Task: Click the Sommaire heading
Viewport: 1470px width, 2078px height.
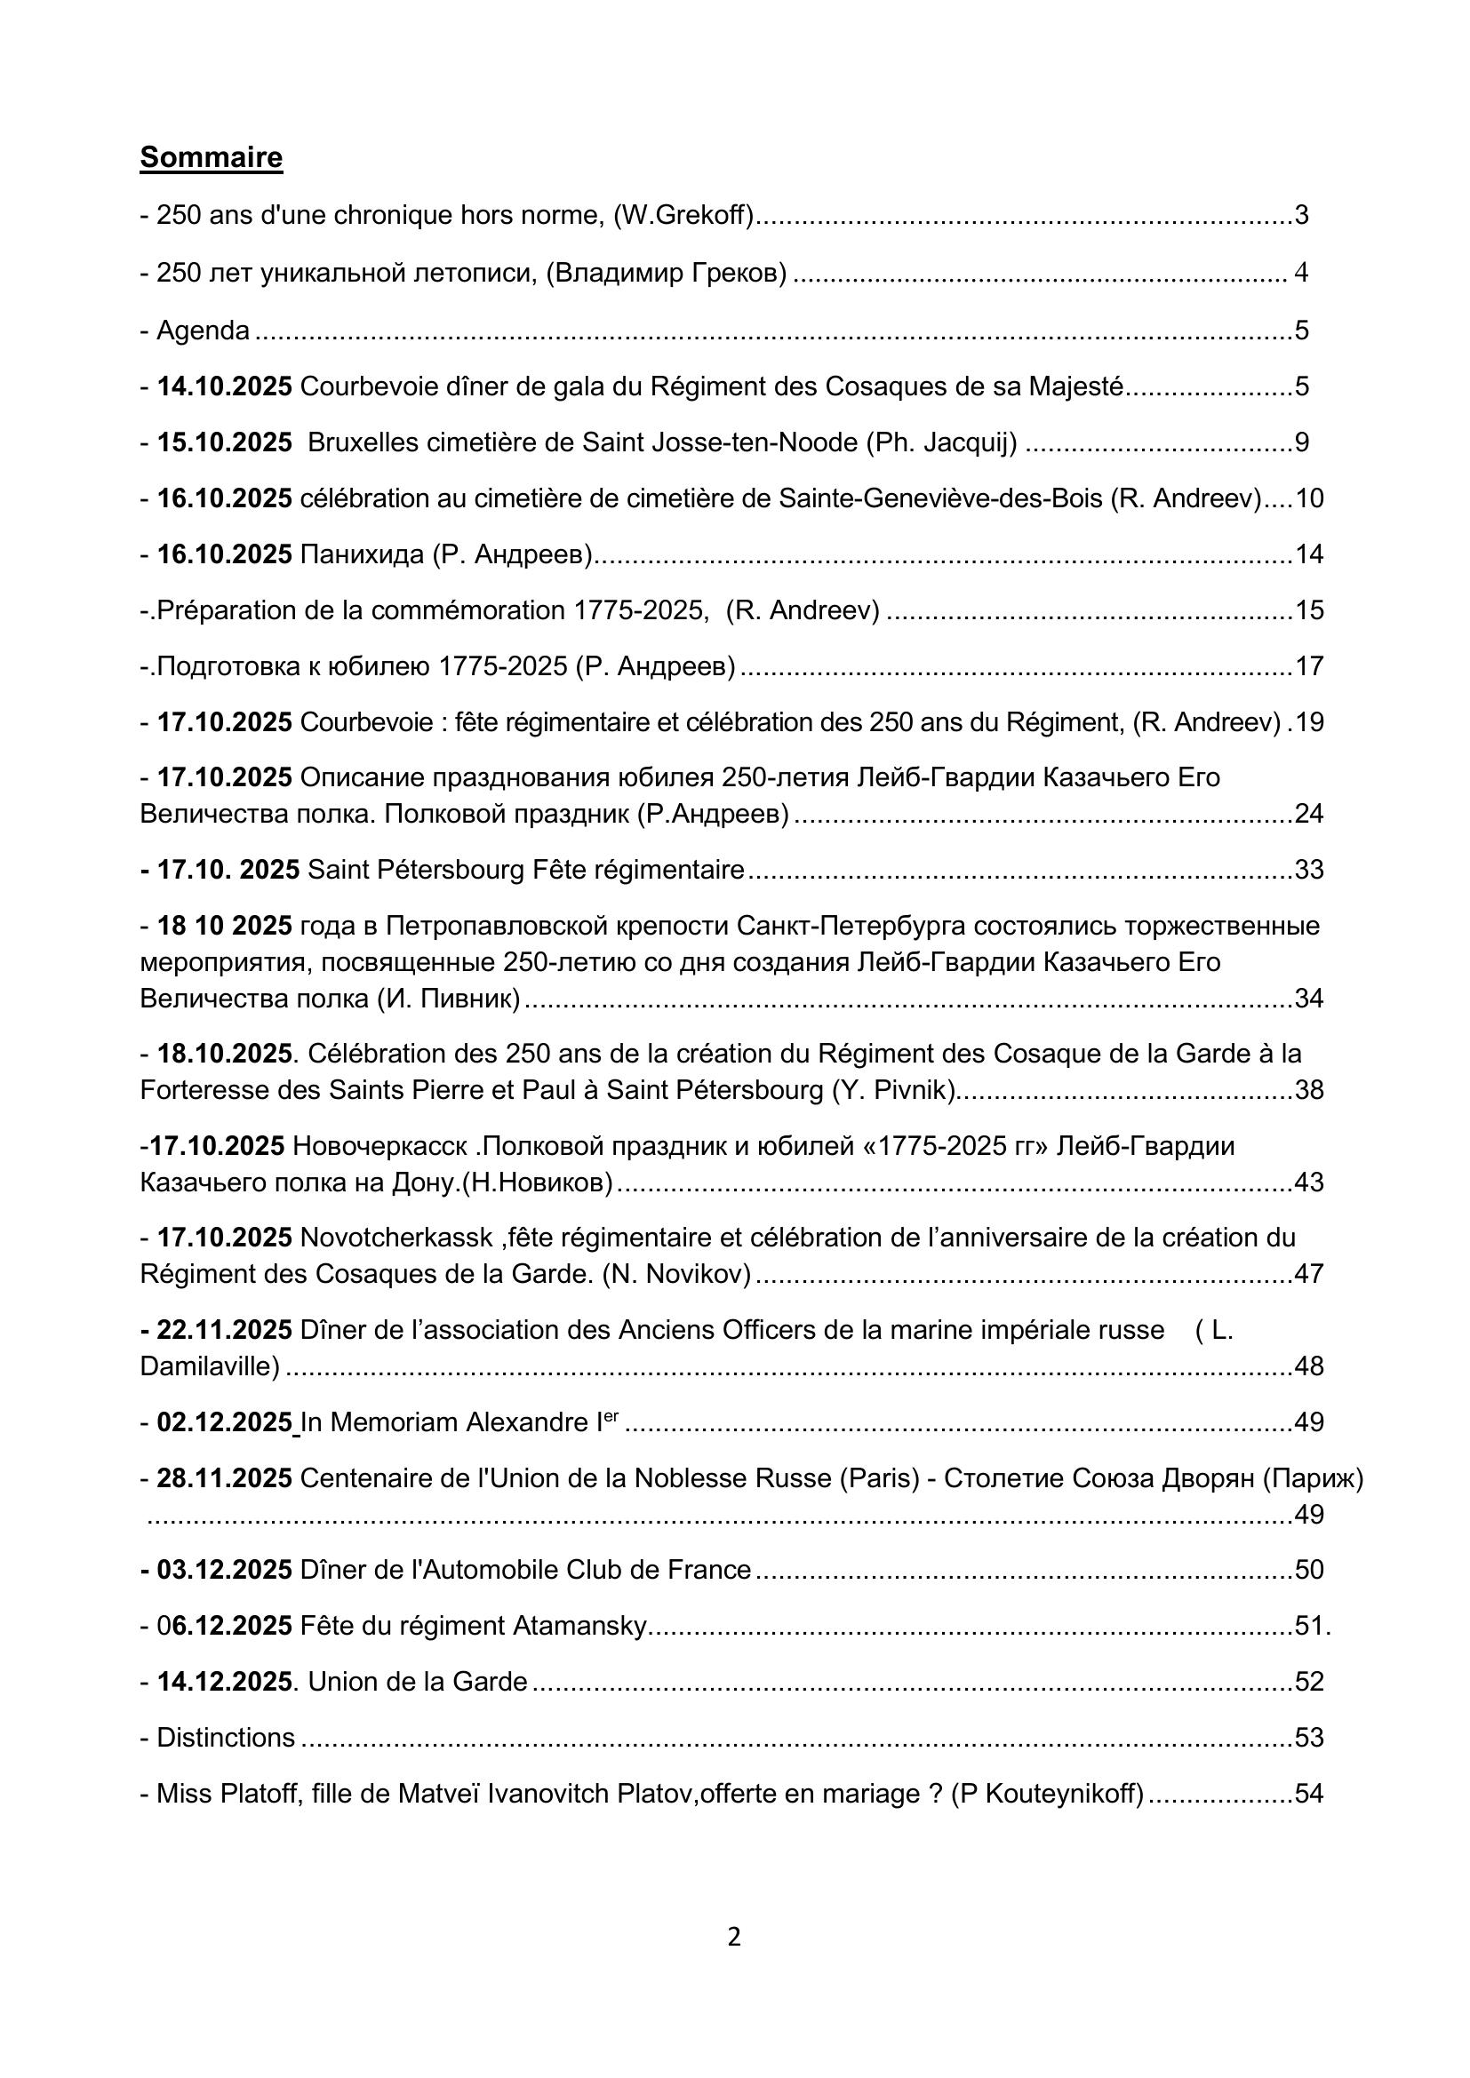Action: coord(211,157)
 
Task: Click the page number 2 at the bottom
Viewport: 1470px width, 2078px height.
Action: coord(734,1937)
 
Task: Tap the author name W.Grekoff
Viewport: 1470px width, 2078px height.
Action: coord(683,215)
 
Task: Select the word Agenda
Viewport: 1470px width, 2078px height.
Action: coord(203,330)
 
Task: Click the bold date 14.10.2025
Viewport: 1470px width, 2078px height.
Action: coord(225,386)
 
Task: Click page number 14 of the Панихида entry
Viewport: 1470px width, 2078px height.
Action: coord(1309,553)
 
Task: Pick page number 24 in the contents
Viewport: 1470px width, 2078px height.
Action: coord(1309,815)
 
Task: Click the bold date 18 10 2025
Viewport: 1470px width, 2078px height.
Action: coord(225,926)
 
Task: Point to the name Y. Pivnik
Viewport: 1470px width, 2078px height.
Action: coord(893,1090)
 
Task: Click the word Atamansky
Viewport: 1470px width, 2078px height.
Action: coord(580,1627)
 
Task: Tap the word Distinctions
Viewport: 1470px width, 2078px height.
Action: coord(226,1738)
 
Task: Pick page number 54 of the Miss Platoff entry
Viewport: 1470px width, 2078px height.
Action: coord(1309,1794)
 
